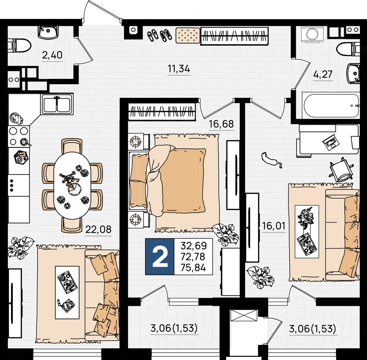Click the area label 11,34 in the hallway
(179, 69)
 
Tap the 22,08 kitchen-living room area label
(98, 229)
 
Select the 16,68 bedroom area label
(221, 124)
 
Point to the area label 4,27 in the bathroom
(323, 74)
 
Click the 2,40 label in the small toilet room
(52, 55)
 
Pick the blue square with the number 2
(160, 257)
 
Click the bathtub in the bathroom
(330, 106)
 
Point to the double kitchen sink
(57, 104)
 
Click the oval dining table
(72, 185)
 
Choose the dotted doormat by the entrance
(188, 35)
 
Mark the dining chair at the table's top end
(72, 146)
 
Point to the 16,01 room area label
(274, 226)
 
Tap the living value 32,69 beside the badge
(194, 246)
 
